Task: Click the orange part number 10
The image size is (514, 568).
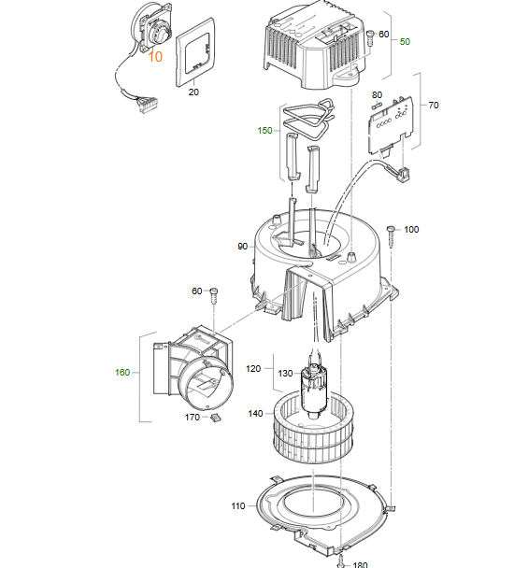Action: pyautogui.click(x=155, y=56)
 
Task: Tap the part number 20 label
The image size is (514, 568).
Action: pyautogui.click(x=193, y=92)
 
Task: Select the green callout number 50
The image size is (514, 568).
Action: pyautogui.click(x=405, y=42)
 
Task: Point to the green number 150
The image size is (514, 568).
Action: pyautogui.click(x=264, y=131)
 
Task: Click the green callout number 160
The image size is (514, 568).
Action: pyautogui.click(x=122, y=373)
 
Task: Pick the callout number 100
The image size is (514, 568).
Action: pyautogui.click(x=411, y=229)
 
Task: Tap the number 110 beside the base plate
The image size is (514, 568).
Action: pyautogui.click(x=238, y=505)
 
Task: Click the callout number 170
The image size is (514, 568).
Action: pyautogui.click(x=193, y=418)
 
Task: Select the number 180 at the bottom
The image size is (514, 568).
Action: pyautogui.click(x=360, y=564)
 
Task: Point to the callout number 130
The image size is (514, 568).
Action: pyautogui.click(x=285, y=373)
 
